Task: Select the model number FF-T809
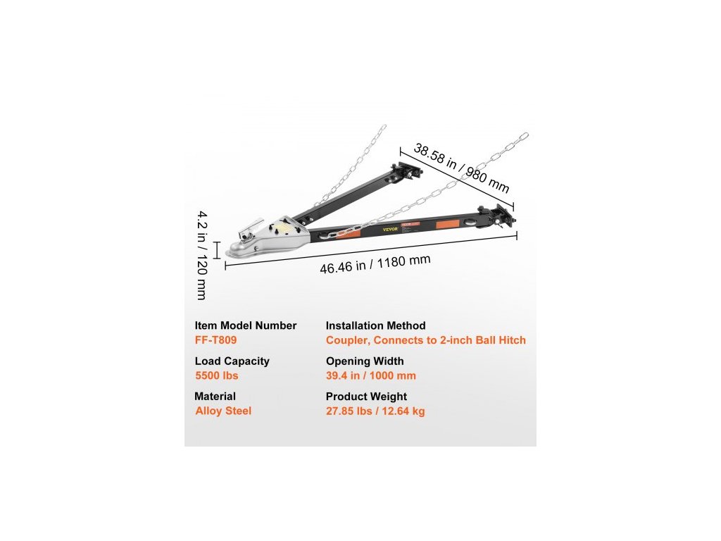(215, 340)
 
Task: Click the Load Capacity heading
(232, 361)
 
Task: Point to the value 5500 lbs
(216, 375)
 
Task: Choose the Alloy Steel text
(223, 411)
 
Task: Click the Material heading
(215, 397)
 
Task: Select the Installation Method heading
(375, 326)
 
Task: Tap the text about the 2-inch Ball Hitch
(425, 340)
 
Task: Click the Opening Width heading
(365, 361)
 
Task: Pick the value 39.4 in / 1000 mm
(370, 375)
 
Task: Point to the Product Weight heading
(366, 397)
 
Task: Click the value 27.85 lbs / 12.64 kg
(375, 411)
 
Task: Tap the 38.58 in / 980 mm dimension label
(460, 168)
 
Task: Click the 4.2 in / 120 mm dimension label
(202, 254)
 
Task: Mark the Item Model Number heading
(246, 326)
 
